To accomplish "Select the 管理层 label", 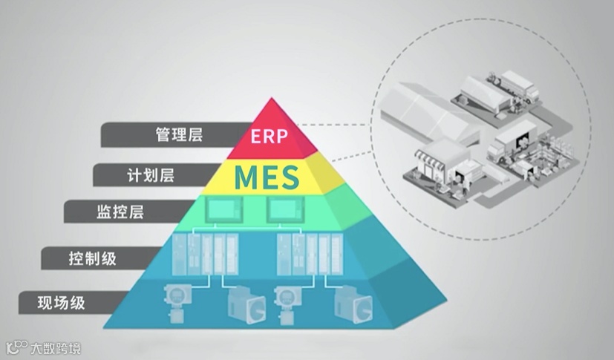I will (x=179, y=135).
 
